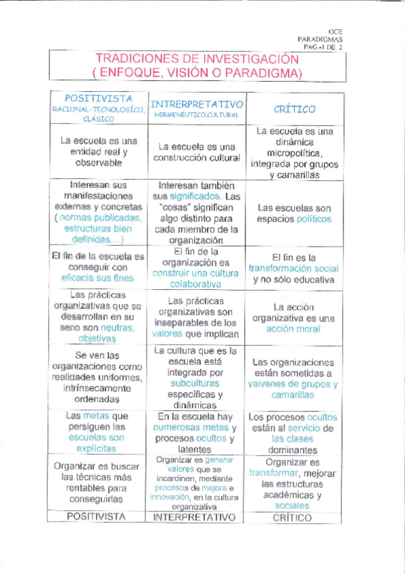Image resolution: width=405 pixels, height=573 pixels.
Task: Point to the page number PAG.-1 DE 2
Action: (324, 48)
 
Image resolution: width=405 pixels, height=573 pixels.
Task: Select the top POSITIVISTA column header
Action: (99, 99)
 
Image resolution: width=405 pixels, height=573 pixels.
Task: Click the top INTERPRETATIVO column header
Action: (197, 105)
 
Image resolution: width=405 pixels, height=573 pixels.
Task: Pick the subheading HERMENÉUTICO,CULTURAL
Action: (196, 115)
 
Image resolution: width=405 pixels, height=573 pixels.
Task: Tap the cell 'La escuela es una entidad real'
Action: (99, 152)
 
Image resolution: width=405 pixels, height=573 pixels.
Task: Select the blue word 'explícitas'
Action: (99, 447)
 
